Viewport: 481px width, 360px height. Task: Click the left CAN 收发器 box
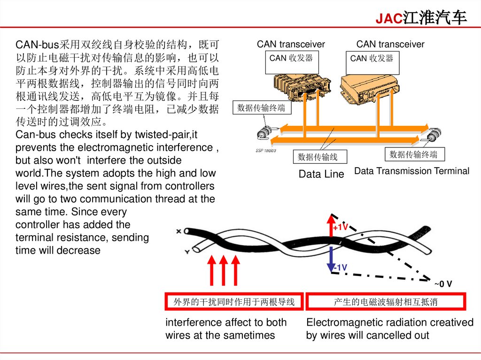pyautogui.click(x=291, y=63)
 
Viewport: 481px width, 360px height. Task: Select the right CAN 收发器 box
pyautogui.click(x=372, y=63)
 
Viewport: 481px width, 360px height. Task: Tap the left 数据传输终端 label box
pyautogui.click(x=261, y=107)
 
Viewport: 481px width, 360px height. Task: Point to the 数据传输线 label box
pyautogui.click(x=318, y=156)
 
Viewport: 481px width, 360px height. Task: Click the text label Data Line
pyautogui.click(x=321, y=174)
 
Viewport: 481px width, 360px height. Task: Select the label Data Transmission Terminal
pyautogui.click(x=411, y=171)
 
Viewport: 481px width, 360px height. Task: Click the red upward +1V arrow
pyautogui.click(x=331, y=226)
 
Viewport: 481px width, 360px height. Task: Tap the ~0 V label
pyautogui.click(x=443, y=284)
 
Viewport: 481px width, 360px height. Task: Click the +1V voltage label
pyautogui.click(x=341, y=228)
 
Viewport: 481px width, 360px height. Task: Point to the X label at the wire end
pyautogui.click(x=178, y=231)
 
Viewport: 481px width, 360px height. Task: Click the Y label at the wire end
pyautogui.click(x=187, y=252)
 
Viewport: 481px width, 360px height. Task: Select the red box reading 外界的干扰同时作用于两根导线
pyautogui.click(x=234, y=302)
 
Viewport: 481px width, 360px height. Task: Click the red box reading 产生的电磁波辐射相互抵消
pyautogui.click(x=385, y=302)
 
